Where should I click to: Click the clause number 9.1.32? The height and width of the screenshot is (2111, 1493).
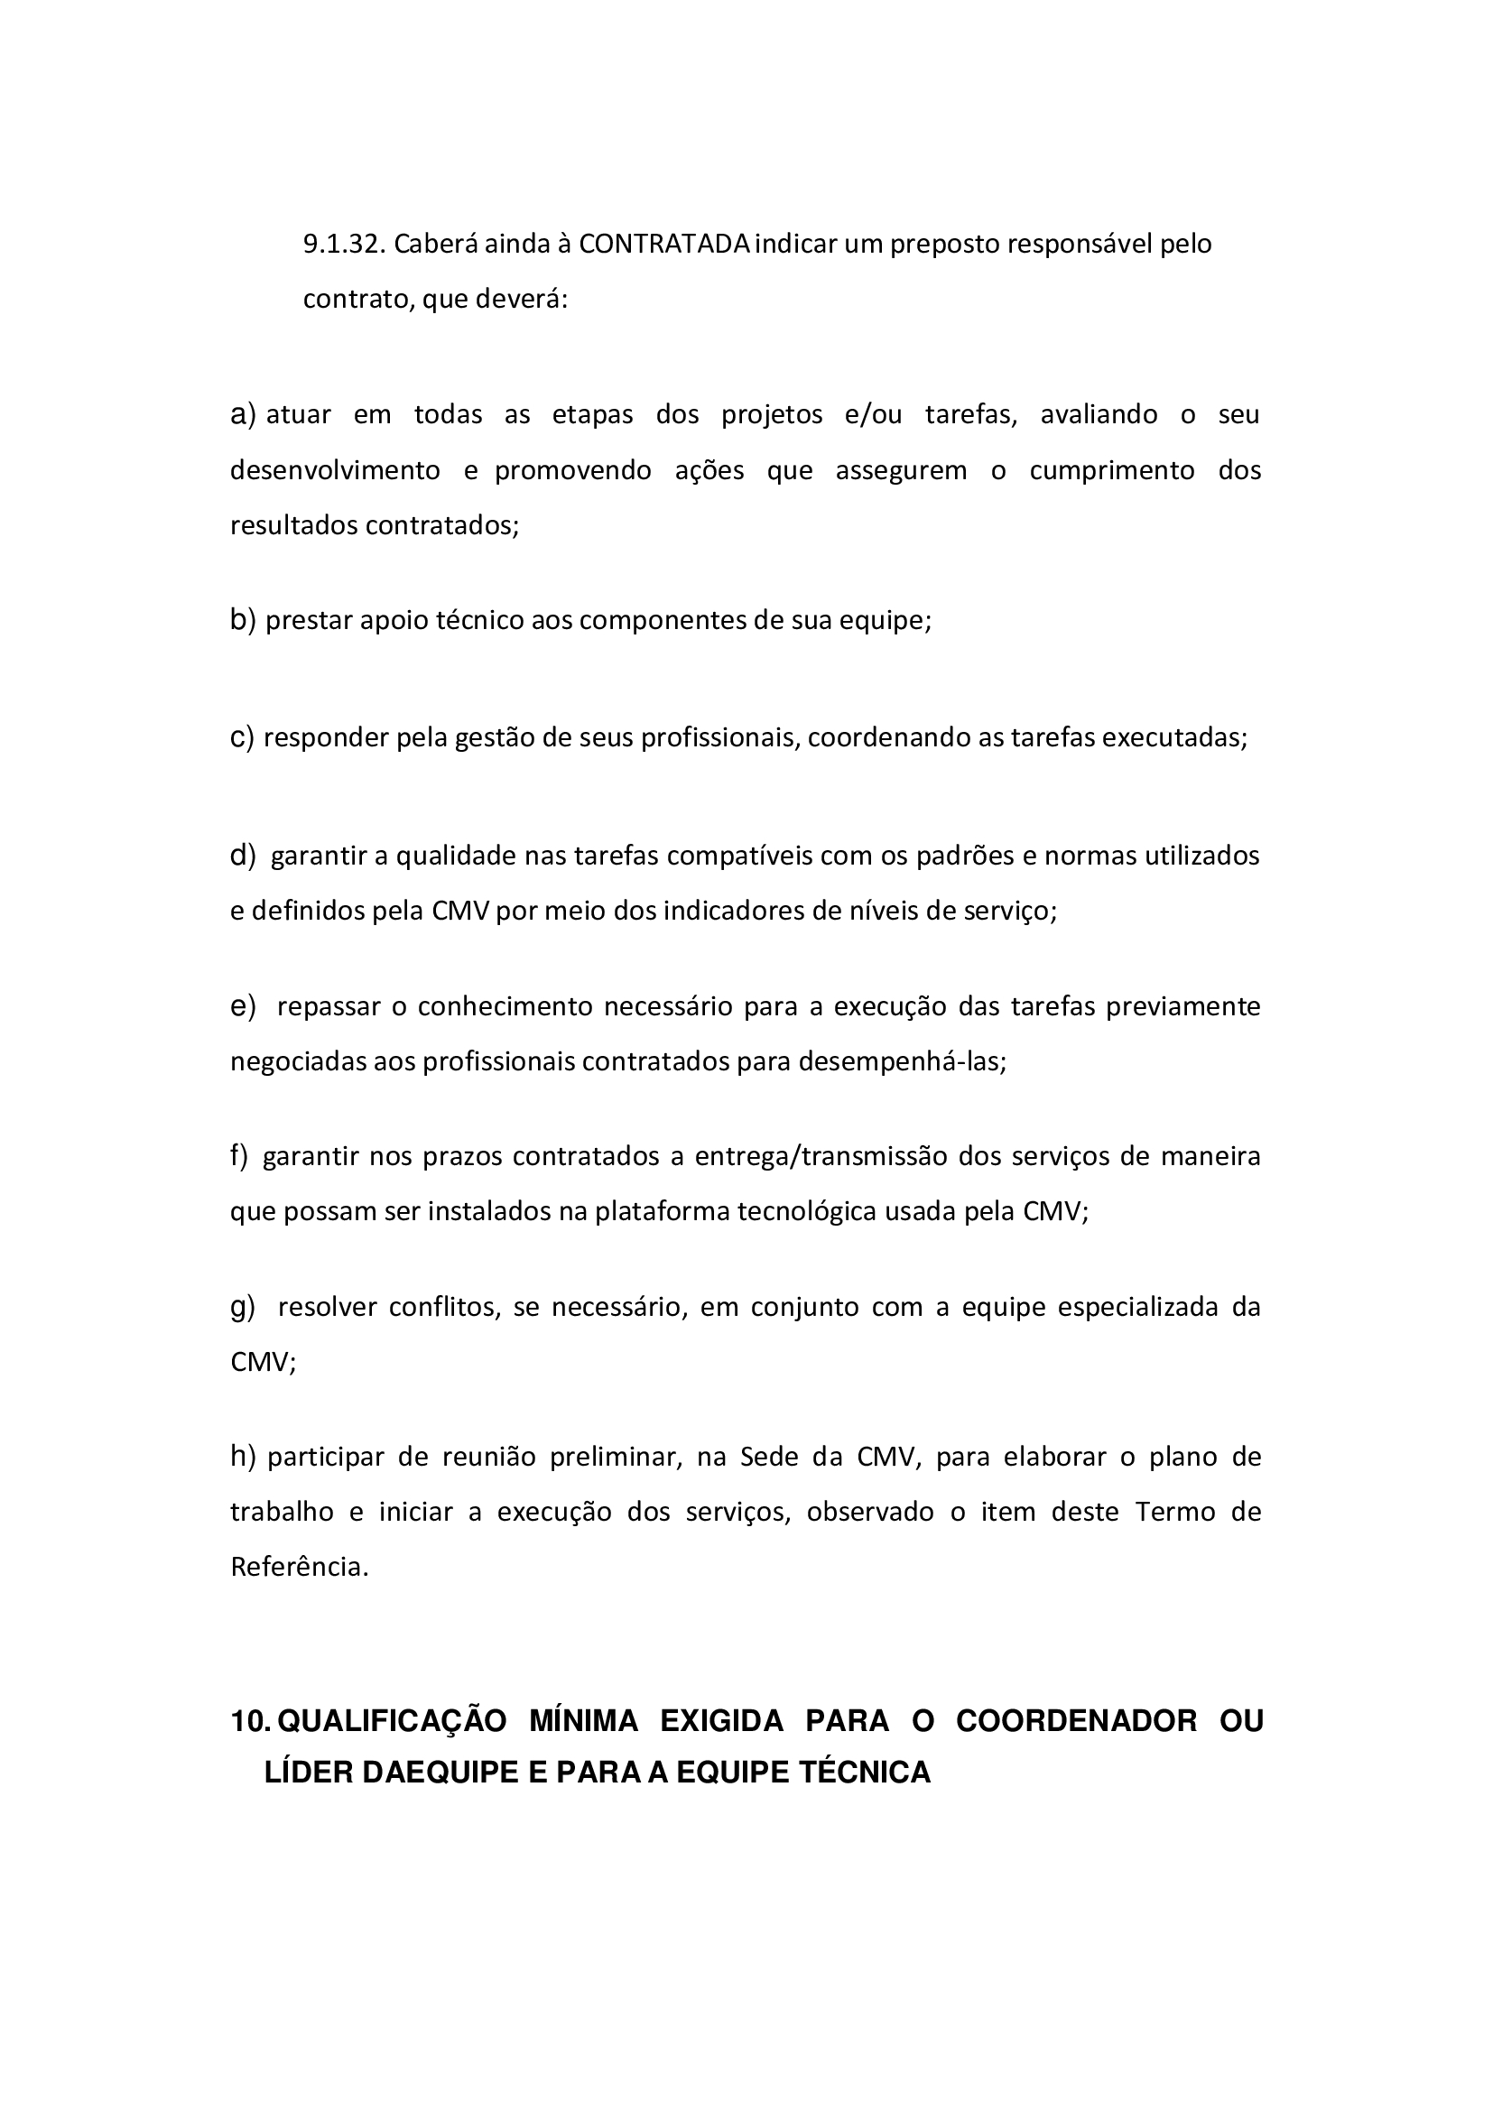(x=344, y=245)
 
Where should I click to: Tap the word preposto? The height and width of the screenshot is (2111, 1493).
(x=944, y=245)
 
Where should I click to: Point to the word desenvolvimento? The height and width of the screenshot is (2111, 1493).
(x=335, y=471)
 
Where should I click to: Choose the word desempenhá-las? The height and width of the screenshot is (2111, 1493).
(x=902, y=1062)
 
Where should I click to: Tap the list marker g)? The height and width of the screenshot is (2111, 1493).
(x=243, y=1307)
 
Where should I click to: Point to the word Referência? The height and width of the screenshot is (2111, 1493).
(x=299, y=1568)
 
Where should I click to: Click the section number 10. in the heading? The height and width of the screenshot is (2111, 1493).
(x=249, y=1721)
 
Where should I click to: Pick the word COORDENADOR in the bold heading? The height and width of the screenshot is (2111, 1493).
(x=1077, y=1721)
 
